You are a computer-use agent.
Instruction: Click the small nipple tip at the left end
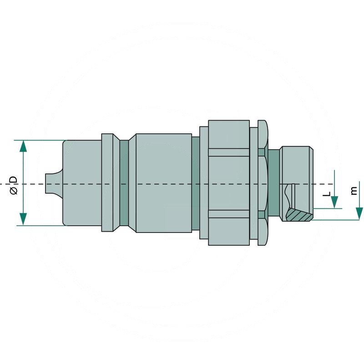pyautogui.click(x=51, y=183)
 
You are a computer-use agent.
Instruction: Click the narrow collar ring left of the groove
pyautogui.click(x=107, y=183)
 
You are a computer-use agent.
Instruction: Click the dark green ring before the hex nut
pyautogui.click(x=196, y=183)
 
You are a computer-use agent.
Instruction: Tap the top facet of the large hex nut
pyautogui.click(x=229, y=134)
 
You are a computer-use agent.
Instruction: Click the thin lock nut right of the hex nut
pyautogui.click(x=262, y=183)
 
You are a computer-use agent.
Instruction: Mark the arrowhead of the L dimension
pyautogui.click(x=334, y=202)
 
